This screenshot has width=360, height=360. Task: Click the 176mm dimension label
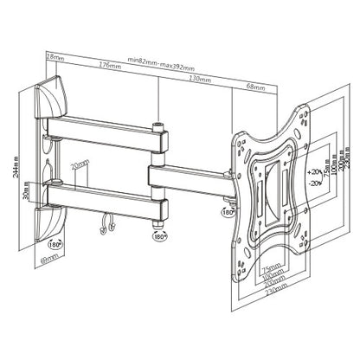pyautogui.click(x=109, y=64)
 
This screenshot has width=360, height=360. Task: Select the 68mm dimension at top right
pyautogui.click(x=255, y=86)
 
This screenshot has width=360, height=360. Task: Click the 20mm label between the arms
pyautogui.click(x=79, y=164)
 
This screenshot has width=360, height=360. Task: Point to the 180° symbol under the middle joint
pyautogui.click(x=159, y=235)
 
